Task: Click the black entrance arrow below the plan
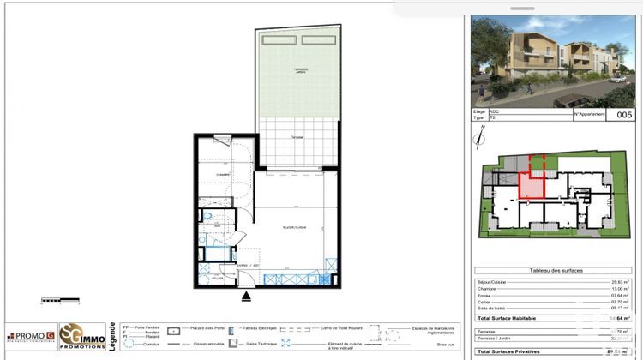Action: click(248, 297)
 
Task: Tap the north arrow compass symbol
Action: click(480, 137)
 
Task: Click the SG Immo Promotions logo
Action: click(77, 336)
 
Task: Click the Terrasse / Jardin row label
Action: click(492, 337)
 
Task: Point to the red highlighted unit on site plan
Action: click(532, 184)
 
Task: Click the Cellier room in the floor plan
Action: click(218, 277)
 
